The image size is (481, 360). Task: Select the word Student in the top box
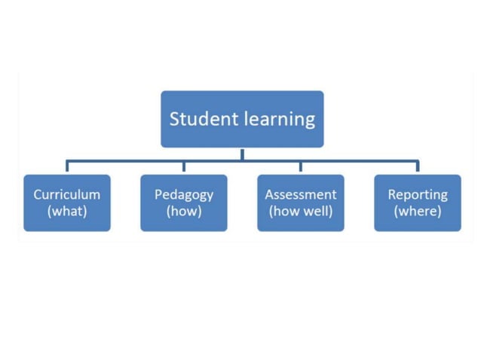(x=198, y=119)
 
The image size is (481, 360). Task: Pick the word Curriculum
(x=67, y=194)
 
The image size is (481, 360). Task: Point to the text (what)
(x=67, y=211)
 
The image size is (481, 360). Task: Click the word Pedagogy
(x=184, y=194)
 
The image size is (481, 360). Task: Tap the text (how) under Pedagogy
(x=184, y=211)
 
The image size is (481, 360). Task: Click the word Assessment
(x=301, y=194)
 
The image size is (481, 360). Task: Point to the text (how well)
(x=301, y=211)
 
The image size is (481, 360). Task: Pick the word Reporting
(x=417, y=194)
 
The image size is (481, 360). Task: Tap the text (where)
(x=417, y=211)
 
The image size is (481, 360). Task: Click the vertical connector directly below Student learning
(x=242, y=154)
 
